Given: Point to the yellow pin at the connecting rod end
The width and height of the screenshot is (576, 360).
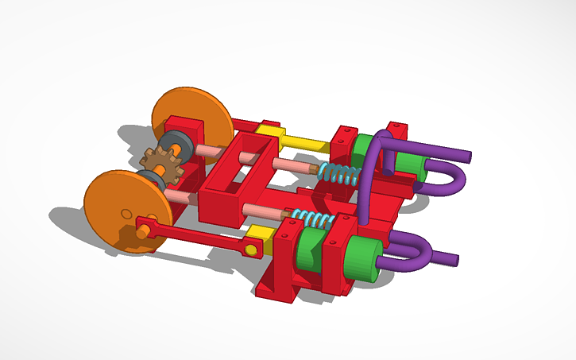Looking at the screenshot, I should coord(252,250).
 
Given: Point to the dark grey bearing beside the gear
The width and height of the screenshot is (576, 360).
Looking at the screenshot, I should coord(176,145).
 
